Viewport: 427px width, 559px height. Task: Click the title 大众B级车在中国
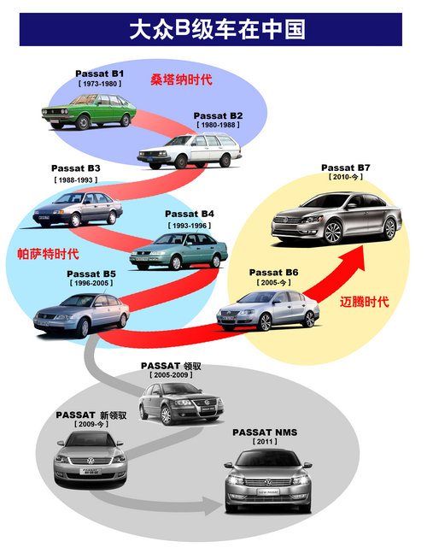(217, 29)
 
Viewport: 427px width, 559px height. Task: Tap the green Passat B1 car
(89, 111)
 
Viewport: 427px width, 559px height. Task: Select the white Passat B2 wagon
(190, 150)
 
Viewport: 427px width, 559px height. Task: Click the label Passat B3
(75, 168)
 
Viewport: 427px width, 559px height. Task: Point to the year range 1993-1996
(189, 226)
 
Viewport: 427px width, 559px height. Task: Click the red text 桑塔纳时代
(181, 79)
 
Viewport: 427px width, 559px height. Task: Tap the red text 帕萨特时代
(48, 254)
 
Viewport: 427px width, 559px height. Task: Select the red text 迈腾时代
(364, 302)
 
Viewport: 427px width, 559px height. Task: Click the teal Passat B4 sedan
(178, 251)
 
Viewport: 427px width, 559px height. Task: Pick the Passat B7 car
(336, 218)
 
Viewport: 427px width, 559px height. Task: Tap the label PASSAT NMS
(265, 432)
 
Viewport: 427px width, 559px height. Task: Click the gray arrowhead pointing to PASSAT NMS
(213, 505)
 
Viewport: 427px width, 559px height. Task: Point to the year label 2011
(265, 441)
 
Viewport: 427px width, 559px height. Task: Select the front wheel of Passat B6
(265, 322)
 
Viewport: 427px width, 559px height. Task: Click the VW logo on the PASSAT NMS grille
(268, 483)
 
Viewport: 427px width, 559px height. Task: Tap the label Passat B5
(91, 274)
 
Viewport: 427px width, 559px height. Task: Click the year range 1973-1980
(100, 84)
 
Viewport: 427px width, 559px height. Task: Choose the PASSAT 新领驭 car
(91, 459)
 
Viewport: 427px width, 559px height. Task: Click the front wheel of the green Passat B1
(83, 122)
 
